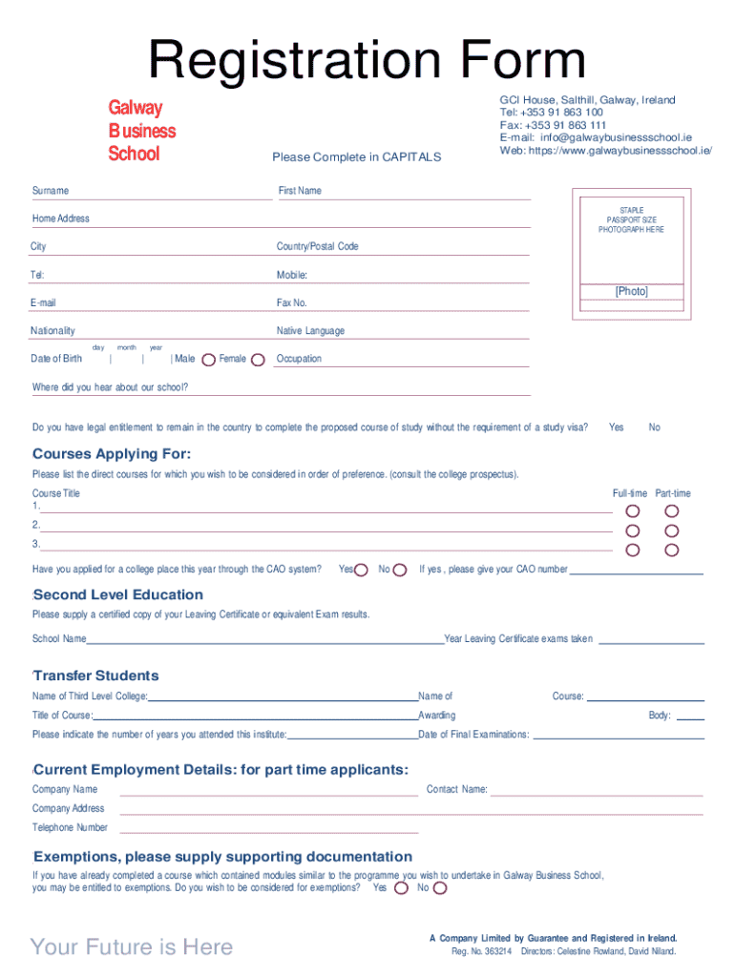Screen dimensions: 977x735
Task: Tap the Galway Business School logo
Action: pos(141,131)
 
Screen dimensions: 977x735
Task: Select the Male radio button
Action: pos(208,360)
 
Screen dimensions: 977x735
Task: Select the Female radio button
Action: pos(257,360)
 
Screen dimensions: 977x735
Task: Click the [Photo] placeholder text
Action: pos(631,292)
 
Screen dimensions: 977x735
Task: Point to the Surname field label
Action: pos(51,191)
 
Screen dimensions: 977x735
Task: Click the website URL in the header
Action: pos(606,151)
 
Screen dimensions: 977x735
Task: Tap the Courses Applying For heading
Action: pos(112,453)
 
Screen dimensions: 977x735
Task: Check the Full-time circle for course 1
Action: pos(632,511)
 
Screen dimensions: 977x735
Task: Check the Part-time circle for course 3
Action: pos(672,550)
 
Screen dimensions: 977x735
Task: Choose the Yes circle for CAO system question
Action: pos(362,570)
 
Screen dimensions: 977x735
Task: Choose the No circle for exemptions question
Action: pos(439,888)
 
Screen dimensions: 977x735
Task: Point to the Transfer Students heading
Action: pos(95,676)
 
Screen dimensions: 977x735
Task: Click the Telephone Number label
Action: pos(70,827)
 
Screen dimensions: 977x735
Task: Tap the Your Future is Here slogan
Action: pos(132,946)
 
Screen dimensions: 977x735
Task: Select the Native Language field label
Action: pos(310,331)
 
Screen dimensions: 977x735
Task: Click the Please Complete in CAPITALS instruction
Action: pos(356,157)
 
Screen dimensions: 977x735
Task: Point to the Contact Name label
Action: pos(456,789)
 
